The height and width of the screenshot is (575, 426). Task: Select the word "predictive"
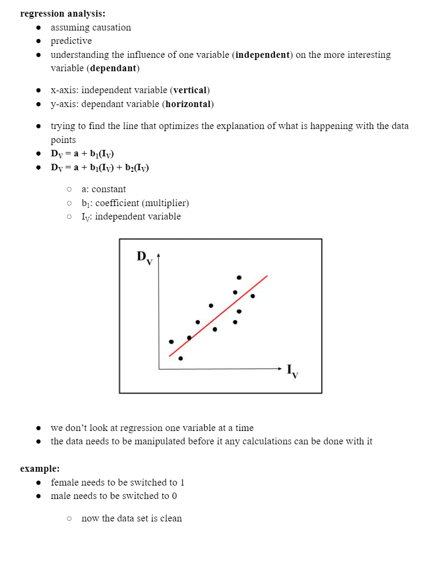[x=71, y=41]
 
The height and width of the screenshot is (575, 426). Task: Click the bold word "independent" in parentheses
[x=262, y=55]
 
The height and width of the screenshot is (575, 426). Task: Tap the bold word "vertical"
[x=191, y=90]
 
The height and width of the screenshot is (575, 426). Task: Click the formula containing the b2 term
[x=100, y=168]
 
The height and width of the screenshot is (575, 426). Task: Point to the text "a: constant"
[x=104, y=189]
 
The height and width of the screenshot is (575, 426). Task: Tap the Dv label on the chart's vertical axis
[x=144, y=258]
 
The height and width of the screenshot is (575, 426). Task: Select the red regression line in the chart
[x=218, y=316]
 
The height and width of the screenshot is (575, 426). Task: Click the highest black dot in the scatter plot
[x=239, y=277]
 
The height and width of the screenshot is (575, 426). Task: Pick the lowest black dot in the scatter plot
[x=181, y=358]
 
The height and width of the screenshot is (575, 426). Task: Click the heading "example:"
[x=40, y=468]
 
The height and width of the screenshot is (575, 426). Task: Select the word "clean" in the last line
[x=170, y=518]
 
